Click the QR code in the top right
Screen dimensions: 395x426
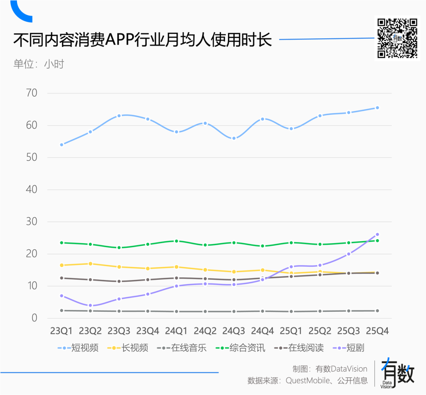point(397,38)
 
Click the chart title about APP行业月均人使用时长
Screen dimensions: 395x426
point(143,40)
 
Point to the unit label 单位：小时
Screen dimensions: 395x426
point(39,64)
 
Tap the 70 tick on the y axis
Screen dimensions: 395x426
point(31,94)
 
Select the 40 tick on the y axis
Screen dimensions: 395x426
point(31,190)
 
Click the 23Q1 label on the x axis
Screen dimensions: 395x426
point(62,331)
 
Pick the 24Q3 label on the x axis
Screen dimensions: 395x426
point(234,331)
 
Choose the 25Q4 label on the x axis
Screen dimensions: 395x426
point(377,331)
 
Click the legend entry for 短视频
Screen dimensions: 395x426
point(78,348)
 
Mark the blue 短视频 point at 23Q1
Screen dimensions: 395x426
point(62,145)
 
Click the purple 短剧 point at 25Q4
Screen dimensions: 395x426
point(377,234)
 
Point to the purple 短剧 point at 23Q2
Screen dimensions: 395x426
point(90,305)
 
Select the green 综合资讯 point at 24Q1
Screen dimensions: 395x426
point(176,241)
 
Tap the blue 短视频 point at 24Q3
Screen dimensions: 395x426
point(234,138)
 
